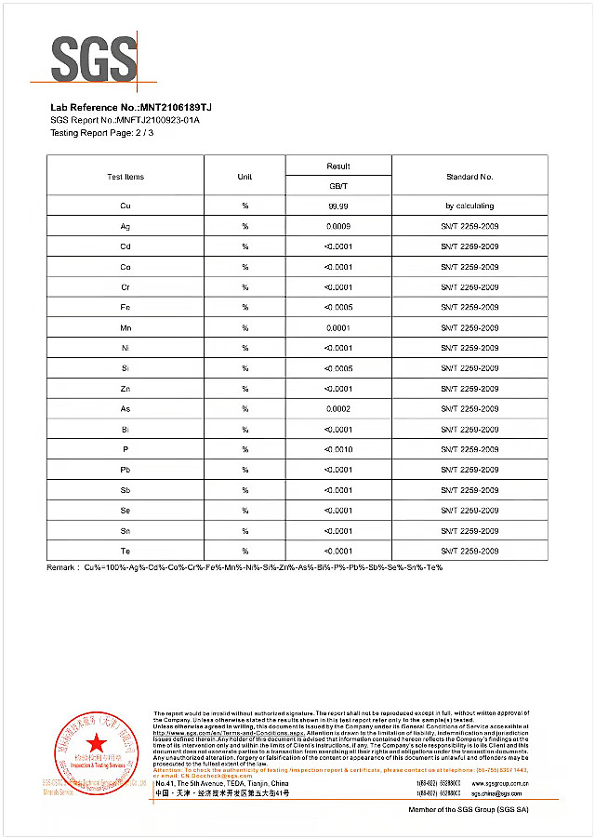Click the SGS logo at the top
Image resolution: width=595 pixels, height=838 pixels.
click(94, 59)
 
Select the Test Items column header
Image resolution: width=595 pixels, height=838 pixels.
click(126, 177)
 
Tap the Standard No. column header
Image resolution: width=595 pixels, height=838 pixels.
click(469, 177)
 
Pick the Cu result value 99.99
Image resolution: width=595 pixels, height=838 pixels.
click(338, 206)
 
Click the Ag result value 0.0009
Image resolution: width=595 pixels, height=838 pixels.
click(338, 226)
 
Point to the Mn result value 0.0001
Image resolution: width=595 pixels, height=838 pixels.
click(338, 327)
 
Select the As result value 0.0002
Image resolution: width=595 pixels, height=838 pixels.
click(338, 409)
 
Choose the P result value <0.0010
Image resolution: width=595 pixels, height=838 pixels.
click(338, 450)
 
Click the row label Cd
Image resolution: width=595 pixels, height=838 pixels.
click(126, 246)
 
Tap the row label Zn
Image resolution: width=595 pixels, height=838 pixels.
click(126, 389)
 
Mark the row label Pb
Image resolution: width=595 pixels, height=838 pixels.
click(126, 471)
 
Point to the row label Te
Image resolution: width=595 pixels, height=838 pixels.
click(126, 552)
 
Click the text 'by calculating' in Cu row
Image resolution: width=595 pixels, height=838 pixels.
click(469, 206)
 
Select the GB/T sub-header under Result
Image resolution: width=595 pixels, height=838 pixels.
click(338, 186)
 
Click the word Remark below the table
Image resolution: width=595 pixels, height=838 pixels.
click(63, 567)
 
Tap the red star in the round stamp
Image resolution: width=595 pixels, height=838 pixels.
click(95, 741)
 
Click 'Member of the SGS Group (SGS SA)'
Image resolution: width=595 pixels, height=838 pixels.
click(469, 810)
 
